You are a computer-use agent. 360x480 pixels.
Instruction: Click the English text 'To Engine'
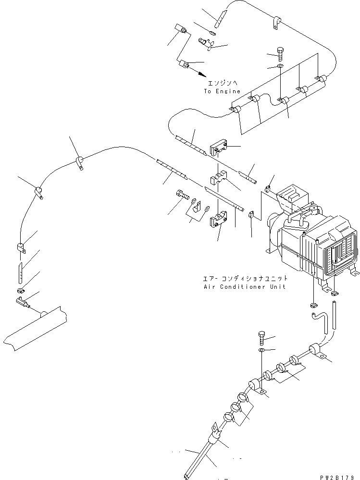tap(222, 91)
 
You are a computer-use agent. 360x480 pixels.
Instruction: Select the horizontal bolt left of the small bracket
tap(181, 194)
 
